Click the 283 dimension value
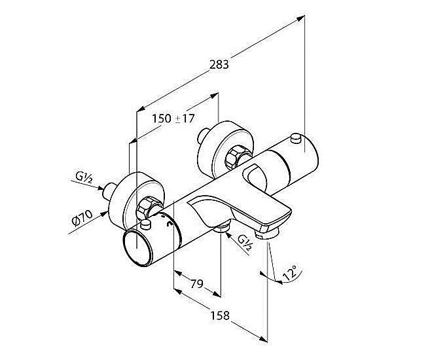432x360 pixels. coord(219,64)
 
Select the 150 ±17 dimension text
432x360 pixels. coord(173,118)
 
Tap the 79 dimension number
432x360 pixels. coord(197,283)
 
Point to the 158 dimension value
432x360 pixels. coord(220,315)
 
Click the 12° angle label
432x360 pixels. coord(290,273)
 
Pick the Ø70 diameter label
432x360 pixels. coord(82,217)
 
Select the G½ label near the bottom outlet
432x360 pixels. coord(245,242)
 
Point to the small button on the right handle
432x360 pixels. coord(296,138)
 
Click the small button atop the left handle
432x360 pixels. coord(145,225)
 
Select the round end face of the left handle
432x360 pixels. coord(137,249)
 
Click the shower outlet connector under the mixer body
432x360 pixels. coord(221,228)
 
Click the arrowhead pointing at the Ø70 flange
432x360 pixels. coord(104,213)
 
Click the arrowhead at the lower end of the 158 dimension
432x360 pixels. coord(263,339)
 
